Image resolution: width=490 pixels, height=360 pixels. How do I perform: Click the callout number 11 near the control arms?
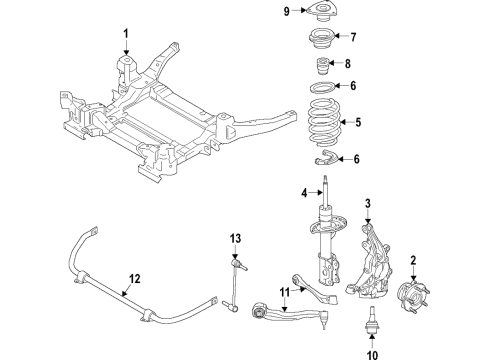click(284, 294)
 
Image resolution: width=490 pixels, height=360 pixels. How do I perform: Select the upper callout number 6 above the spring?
click(353, 87)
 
